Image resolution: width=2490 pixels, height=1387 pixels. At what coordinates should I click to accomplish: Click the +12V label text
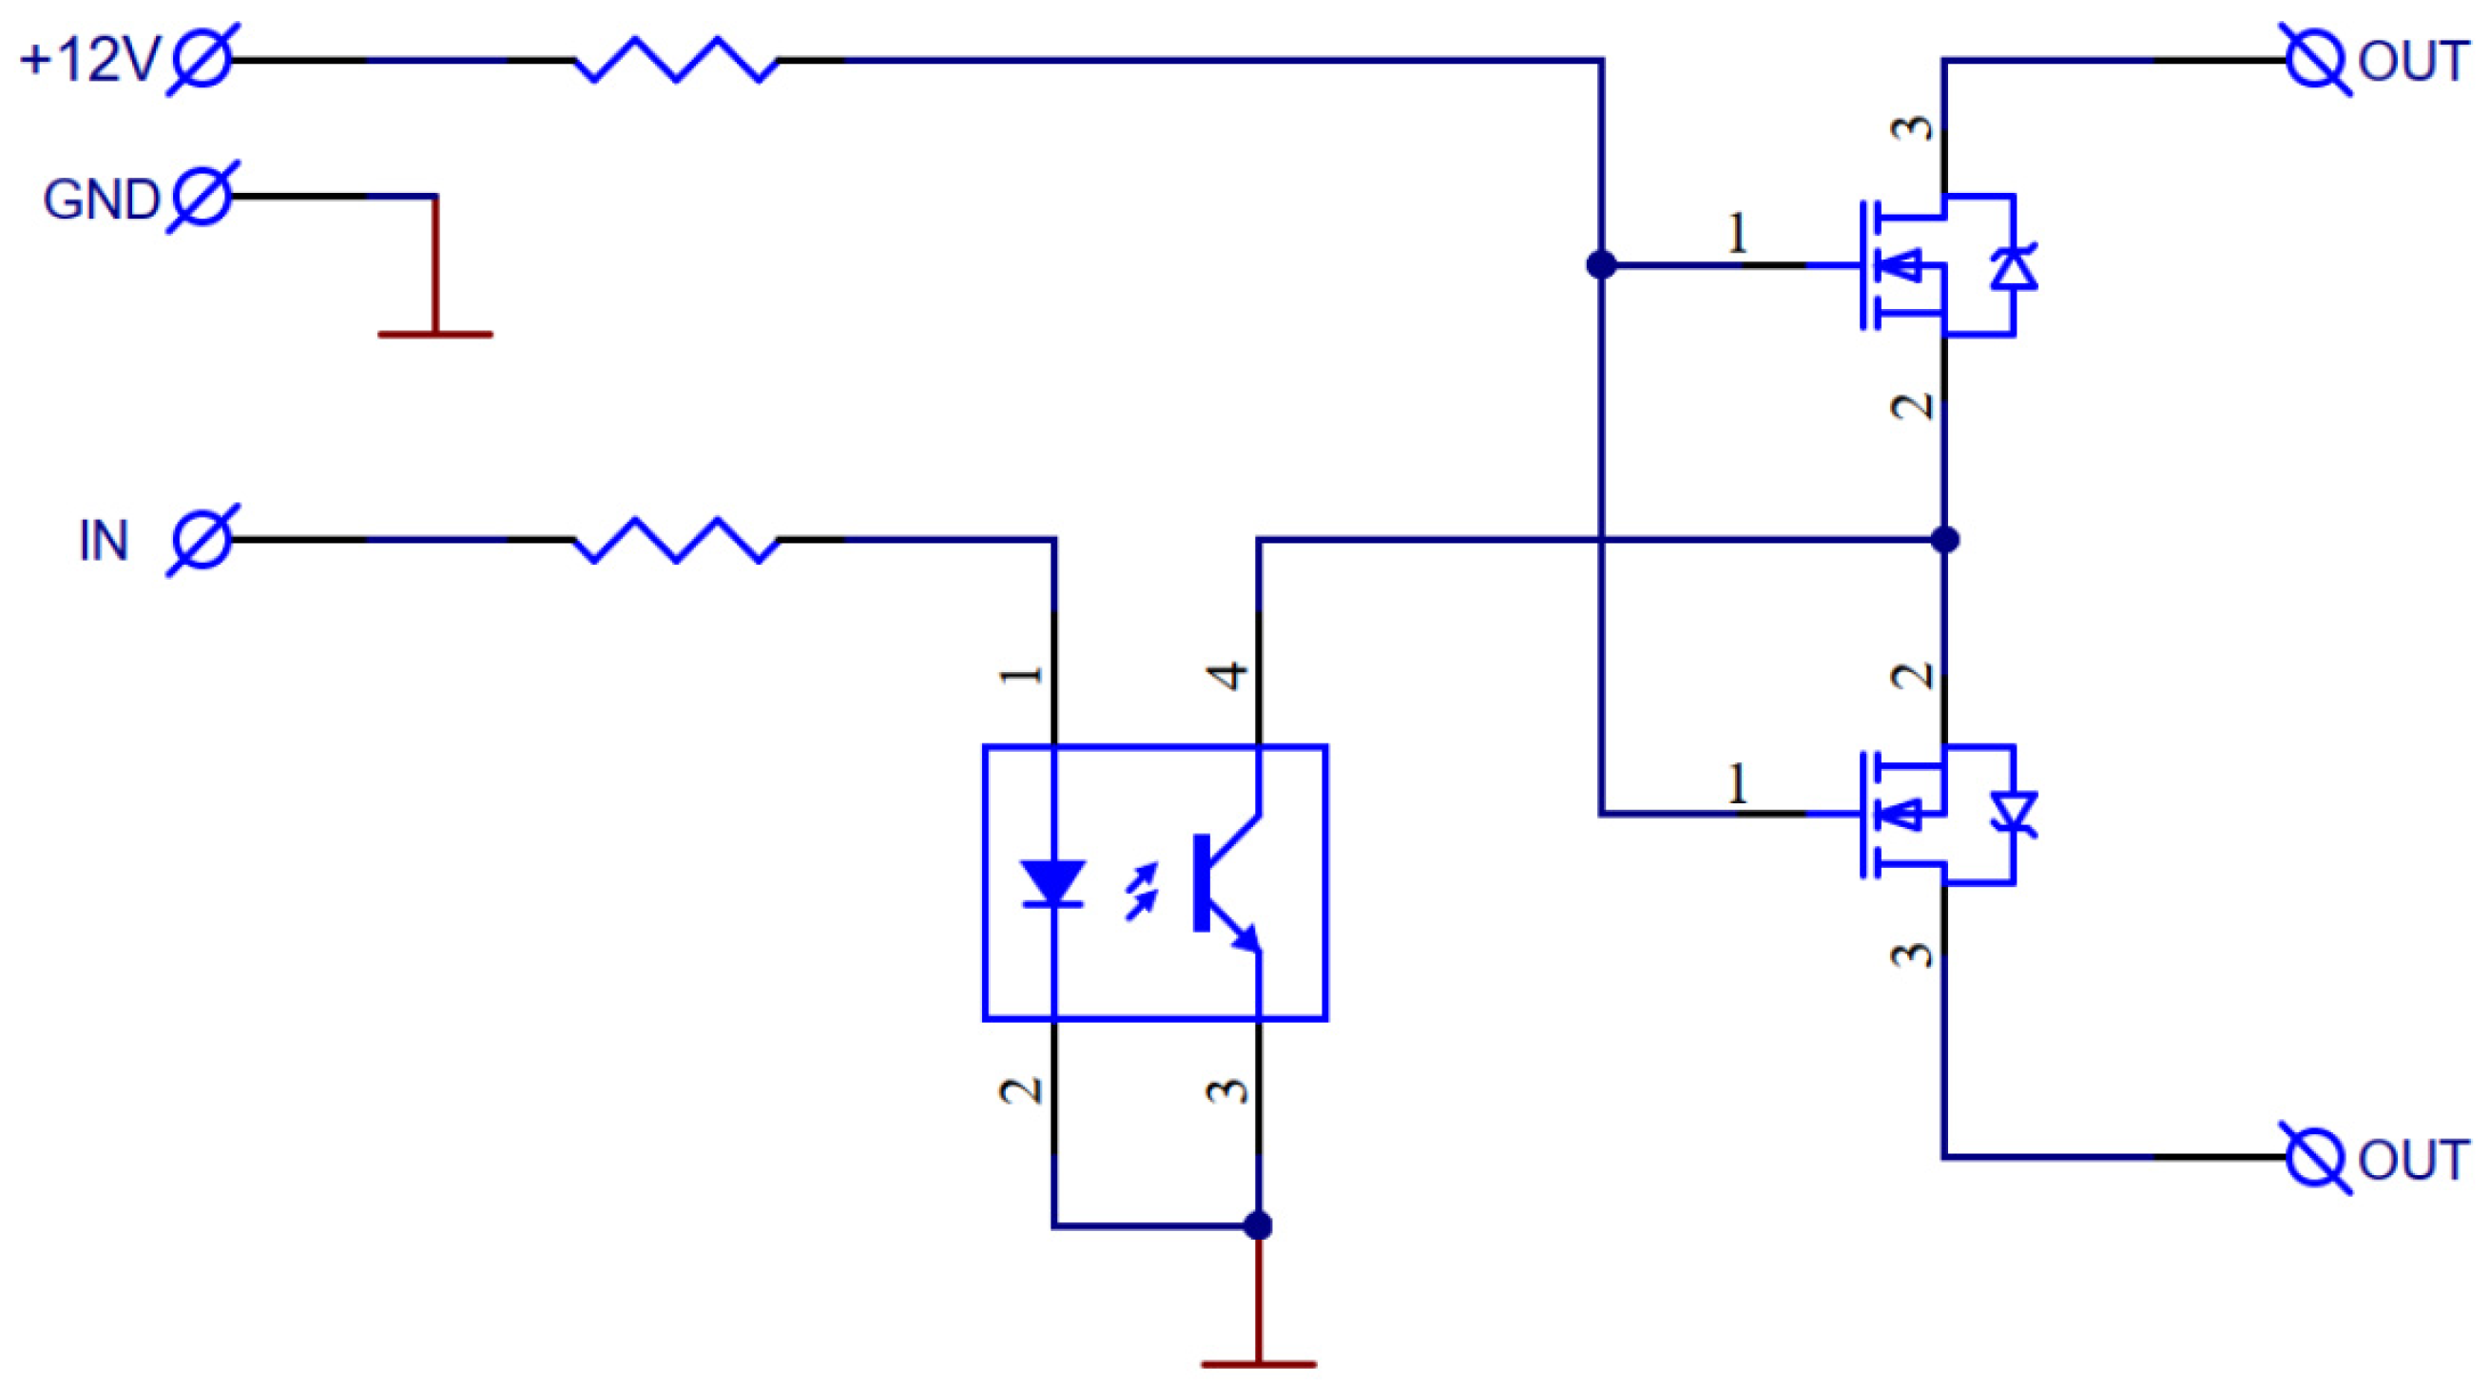tap(89, 60)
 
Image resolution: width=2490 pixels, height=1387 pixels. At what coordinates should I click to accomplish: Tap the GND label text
tap(101, 200)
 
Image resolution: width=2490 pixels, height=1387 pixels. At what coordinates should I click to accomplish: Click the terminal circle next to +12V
tap(202, 60)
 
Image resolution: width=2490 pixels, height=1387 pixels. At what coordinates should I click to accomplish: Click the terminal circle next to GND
tap(202, 197)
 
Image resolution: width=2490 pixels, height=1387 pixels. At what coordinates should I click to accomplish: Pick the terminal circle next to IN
tap(202, 539)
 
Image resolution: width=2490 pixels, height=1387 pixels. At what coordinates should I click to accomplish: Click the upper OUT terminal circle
tap(2315, 60)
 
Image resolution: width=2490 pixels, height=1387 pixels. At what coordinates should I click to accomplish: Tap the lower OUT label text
tap(2413, 1160)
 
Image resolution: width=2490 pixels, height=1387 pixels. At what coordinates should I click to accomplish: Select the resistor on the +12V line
tap(676, 60)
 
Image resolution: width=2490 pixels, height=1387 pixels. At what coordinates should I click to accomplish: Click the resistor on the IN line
tap(676, 539)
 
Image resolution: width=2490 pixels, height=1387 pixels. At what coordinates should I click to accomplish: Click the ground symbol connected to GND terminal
tap(435, 333)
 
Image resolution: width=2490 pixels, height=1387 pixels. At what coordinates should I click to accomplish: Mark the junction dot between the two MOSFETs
tap(1945, 539)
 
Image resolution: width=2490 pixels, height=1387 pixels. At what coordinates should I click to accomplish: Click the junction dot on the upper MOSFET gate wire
tap(1602, 264)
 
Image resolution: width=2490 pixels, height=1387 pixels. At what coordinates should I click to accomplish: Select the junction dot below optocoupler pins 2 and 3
tap(1258, 1225)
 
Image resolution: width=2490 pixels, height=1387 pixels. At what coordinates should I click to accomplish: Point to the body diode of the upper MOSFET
tap(2014, 268)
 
